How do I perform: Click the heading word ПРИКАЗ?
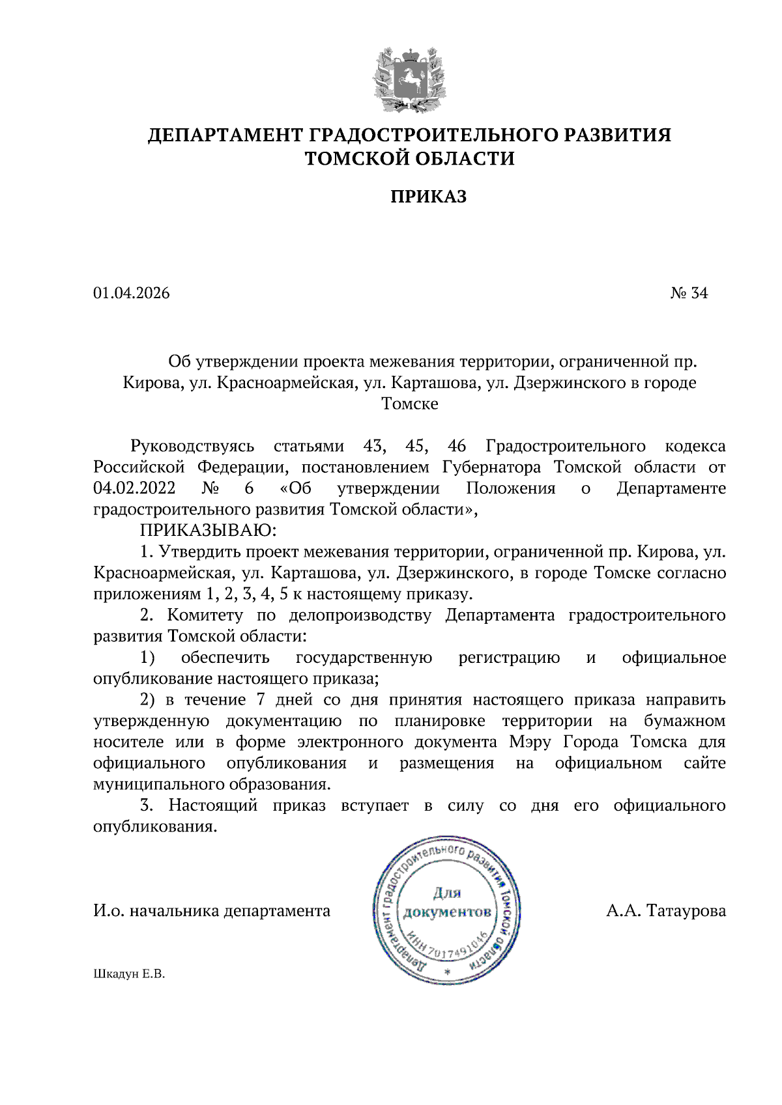tap(428, 197)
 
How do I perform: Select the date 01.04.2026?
tap(132, 293)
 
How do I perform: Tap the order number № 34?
tap(689, 293)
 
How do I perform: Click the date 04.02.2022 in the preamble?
tap(134, 488)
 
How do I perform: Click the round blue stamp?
tap(447, 910)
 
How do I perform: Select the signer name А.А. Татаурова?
tap(665, 910)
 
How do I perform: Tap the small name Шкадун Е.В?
tap(129, 974)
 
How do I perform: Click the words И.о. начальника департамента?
tap(212, 910)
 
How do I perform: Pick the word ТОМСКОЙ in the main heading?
tap(355, 158)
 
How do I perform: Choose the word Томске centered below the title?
tap(410, 404)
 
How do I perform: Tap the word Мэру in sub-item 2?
tap(530, 742)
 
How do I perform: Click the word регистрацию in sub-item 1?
tap(509, 658)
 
